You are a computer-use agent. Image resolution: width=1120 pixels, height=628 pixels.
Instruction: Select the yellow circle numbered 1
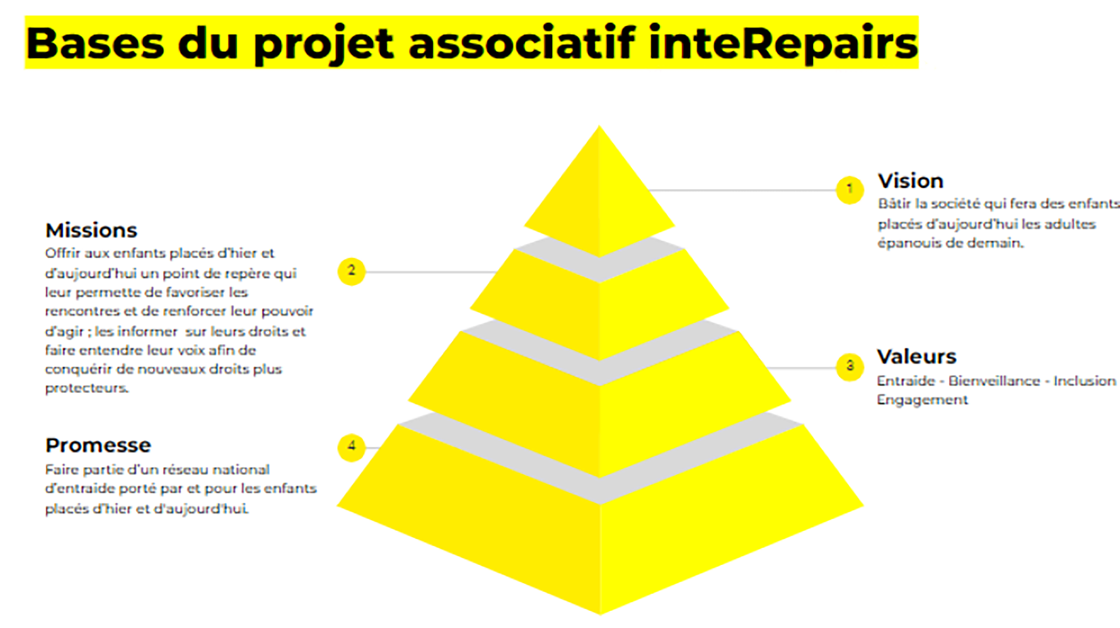(849, 189)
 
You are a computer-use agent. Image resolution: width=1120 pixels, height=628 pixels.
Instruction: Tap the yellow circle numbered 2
(351, 272)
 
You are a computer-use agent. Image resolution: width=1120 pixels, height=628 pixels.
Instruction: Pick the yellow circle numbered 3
(849, 367)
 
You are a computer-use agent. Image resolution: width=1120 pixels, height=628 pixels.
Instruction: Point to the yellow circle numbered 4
(351, 447)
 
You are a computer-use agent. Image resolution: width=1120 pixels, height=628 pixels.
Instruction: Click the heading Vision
(911, 181)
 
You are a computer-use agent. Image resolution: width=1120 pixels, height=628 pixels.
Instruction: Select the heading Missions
(91, 230)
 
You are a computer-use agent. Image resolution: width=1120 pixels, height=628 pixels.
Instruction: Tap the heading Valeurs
(917, 357)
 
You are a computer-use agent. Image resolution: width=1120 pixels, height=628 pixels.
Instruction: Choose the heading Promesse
(98, 445)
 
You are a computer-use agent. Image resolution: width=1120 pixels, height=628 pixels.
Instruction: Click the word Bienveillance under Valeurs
(994, 381)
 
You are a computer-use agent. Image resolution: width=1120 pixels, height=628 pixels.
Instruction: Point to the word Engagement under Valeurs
(922, 400)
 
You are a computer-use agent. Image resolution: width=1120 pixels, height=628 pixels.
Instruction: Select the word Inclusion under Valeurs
(1085, 381)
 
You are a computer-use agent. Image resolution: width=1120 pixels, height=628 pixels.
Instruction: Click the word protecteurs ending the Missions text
(86, 388)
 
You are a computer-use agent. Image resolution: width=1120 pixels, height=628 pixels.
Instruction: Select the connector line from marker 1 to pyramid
(741, 189)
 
